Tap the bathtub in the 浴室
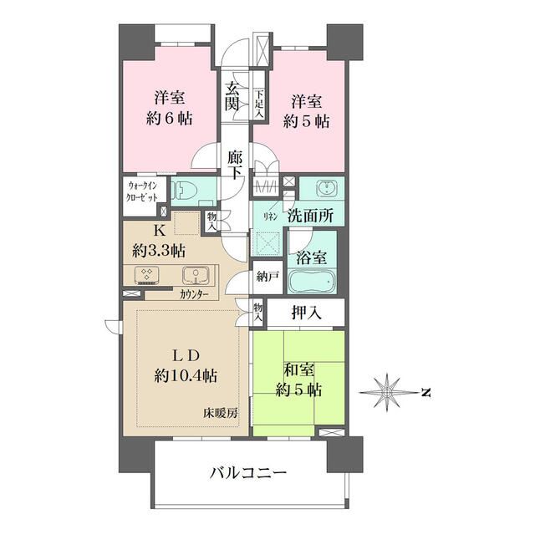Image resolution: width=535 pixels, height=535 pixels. pyautogui.click(x=312, y=281)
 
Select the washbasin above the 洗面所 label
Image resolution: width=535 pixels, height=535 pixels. pyautogui.click(x=327, y=189)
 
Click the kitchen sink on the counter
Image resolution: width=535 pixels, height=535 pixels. pyautogui.click(x=196, y=276)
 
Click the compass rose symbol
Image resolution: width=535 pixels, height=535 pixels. pyautogui.click(x=388, y=392)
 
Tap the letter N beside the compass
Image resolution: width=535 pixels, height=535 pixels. pyautogui.click(x=425, y=392)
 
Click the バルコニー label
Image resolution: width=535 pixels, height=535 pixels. pyautogui.click(x=248, y=473)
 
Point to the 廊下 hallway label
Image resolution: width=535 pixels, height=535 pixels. pyautogui.click(x=235, y=166)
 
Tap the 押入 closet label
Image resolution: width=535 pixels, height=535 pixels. pyautogui.click(x=307, y=313)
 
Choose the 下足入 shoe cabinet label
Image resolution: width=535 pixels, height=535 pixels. pyautogui.click(x=260, y=104)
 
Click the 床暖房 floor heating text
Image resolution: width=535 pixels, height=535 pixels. pyautogui.click(x=221, y=414)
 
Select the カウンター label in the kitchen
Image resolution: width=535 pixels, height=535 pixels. pyautogui.click(x=194, y=294)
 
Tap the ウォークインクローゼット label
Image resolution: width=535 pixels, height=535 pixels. pyautogui.click(x=142, y=192)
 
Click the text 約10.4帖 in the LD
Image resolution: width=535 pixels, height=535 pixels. pyautogui.click(x=186, y=376)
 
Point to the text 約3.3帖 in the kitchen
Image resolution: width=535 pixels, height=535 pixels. pyautogui.click(x=159, y=252)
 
